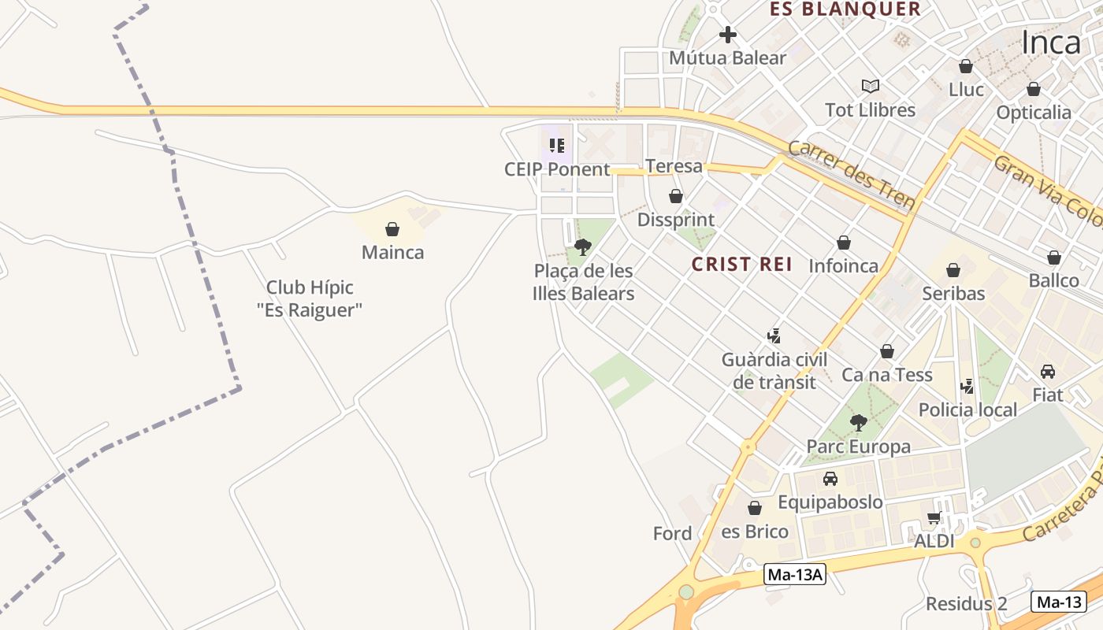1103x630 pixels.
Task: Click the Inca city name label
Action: tap(1051, 43)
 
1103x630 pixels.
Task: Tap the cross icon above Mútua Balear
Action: tap(728, 35)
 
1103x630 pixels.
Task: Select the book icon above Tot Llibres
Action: tap(871, 86)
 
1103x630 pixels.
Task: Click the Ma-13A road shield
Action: tap(795, 575)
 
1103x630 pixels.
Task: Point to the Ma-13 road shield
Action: tap(1059, 602)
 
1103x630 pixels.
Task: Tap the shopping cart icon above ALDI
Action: tap(934, 517)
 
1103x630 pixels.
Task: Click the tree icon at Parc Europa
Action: tap(859, 423)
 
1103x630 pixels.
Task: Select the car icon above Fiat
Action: tap(1048, 371)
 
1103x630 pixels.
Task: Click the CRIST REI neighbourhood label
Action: tap(742, 265)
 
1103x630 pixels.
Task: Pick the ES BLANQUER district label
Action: tap(845, 9)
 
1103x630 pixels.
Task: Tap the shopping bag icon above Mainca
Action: tap(392, 229)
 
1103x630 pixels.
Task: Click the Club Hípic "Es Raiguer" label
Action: tap(310, 298)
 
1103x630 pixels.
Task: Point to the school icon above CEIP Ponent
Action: tap(557, 146)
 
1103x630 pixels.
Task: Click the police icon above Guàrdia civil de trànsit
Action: tap(774, 336)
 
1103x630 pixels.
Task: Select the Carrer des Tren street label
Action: tap(852, 176)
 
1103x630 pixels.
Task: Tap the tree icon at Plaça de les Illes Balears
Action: tap(583, 247)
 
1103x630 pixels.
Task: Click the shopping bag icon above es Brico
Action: tap(755, 508)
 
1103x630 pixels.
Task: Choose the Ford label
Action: tap(673, 533)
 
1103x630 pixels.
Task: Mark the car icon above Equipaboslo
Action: tap(830, 478)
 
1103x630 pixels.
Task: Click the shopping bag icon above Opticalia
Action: tap(1034, 89)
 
